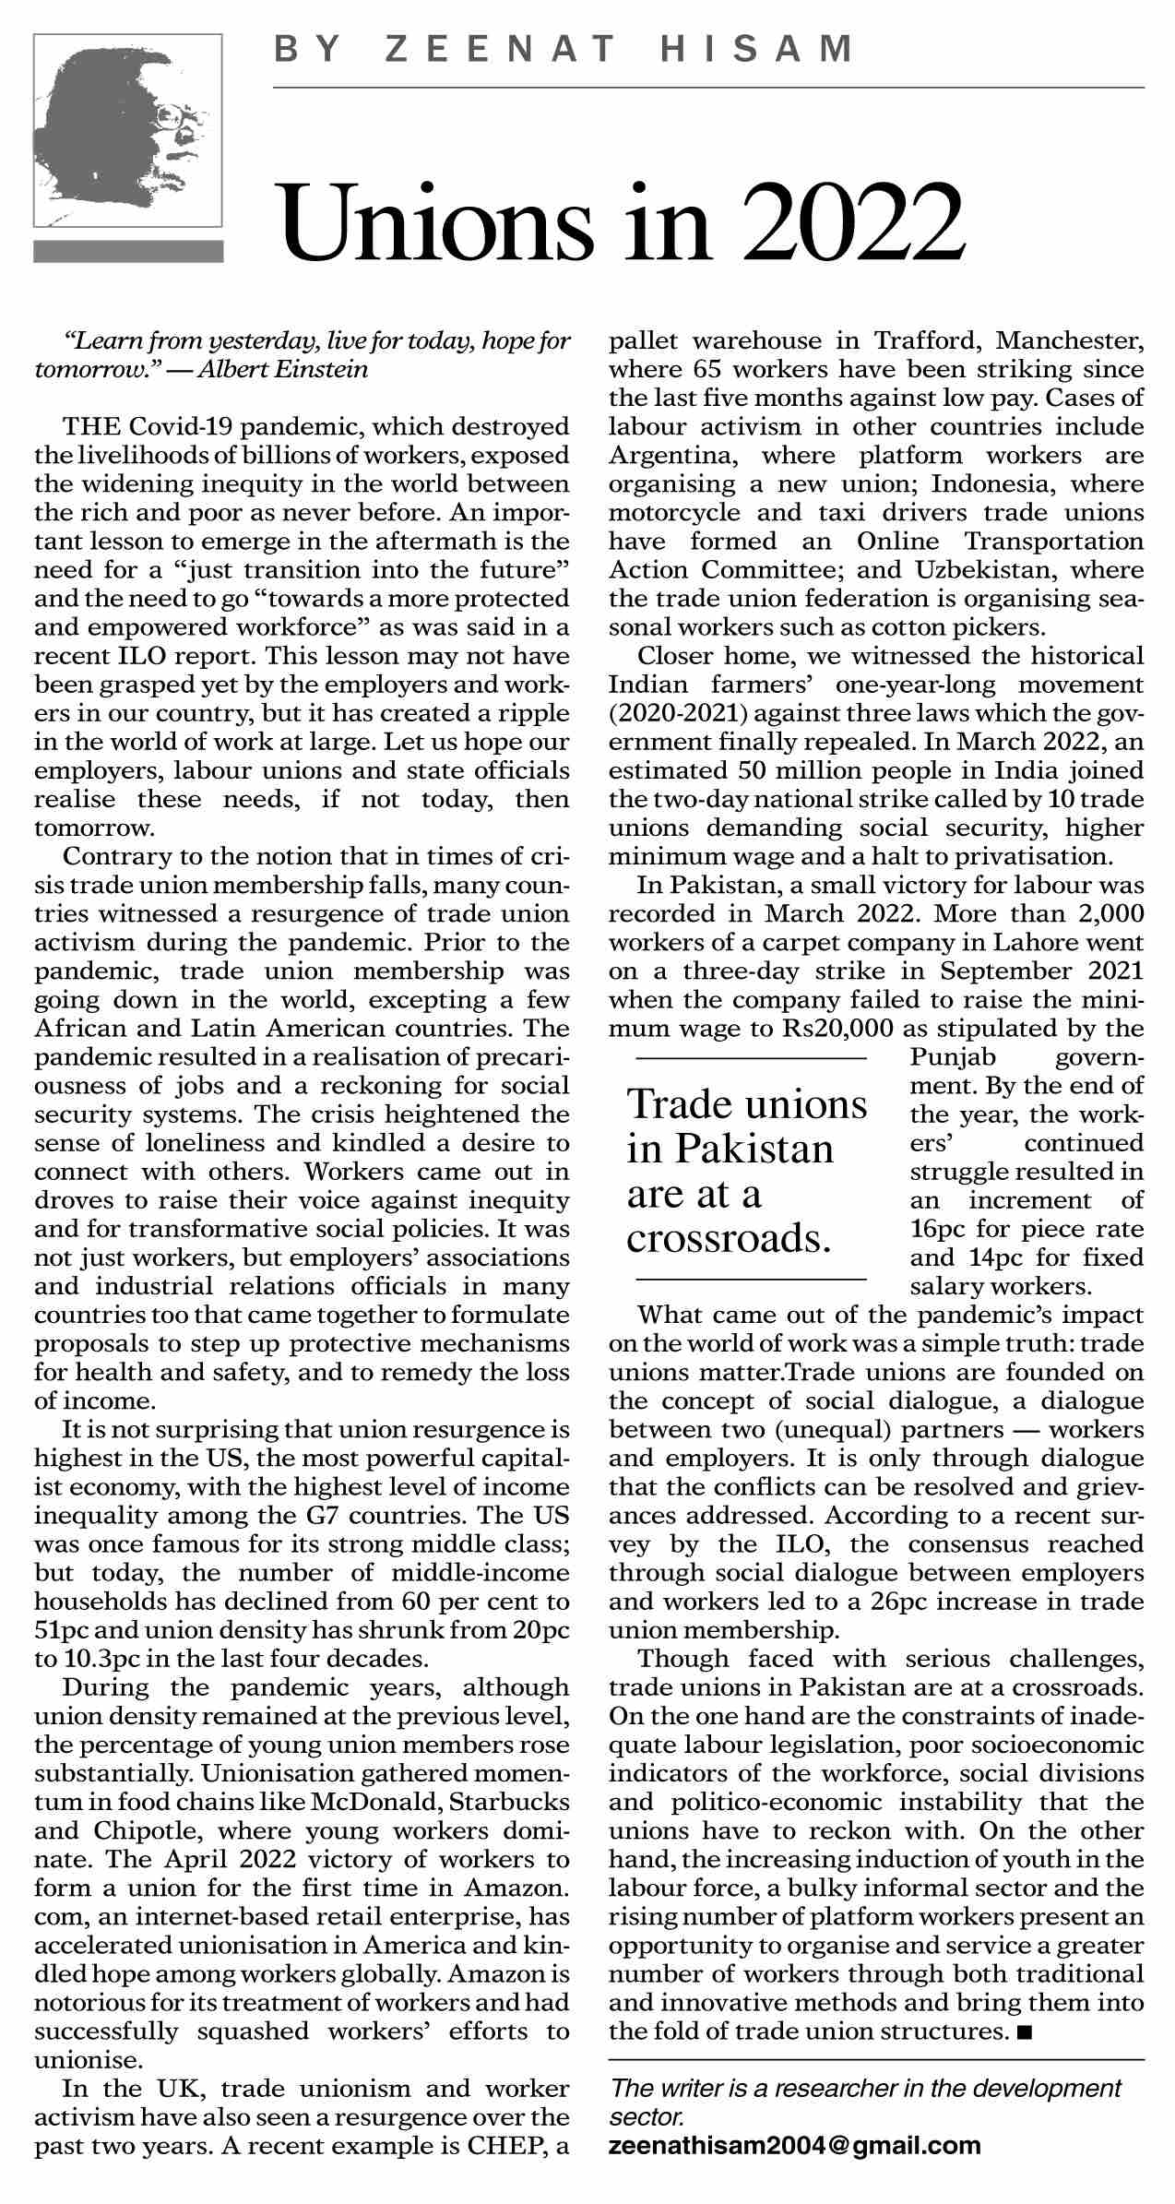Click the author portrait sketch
click(x=128, y=130)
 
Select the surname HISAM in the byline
click(x=758, y=49)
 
